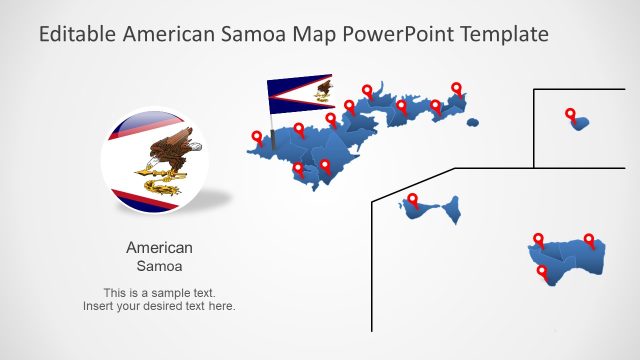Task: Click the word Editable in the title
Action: pos(77,34)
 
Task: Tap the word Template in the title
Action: pos(502,34)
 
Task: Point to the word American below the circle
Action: pos(159,248)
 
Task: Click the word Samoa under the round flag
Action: pos(159,267)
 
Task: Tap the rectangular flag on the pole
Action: pos(300,93)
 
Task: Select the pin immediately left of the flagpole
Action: pos(257,138)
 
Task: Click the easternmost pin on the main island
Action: pos(457,89)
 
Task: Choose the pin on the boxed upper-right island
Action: pos(570,115)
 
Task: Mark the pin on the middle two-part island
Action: pos(411,200)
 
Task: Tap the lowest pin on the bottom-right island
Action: pos(543,272)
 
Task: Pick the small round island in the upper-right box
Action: pos(579,123)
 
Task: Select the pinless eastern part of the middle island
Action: pos(453,210)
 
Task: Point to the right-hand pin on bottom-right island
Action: pos(589,240)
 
